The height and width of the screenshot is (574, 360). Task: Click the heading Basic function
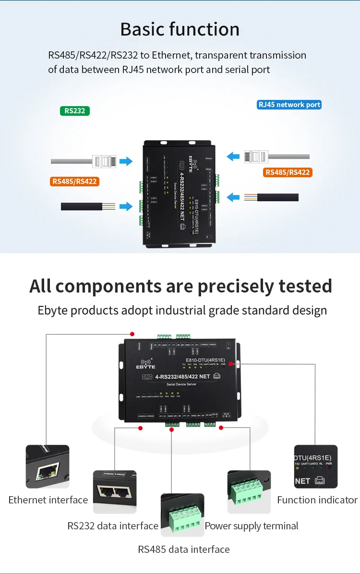[x=180, y=29]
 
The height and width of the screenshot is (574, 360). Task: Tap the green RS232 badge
[x=74, y=111]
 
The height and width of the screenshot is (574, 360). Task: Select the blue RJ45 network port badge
[x=289, y=104]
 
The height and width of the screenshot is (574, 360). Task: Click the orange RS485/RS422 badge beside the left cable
[x=74, y=181]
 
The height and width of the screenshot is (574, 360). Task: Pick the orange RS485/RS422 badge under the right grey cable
[x=288, y=172]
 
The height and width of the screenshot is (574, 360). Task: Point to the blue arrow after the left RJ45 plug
[x=126, y=161]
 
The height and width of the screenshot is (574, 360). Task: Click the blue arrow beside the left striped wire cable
[x=126, y=207]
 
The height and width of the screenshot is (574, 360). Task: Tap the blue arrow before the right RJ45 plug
[x=233, y=156]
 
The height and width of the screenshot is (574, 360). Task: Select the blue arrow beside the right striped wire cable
[x=233, y=197]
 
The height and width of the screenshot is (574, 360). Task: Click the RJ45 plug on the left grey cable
[x=105, y=161]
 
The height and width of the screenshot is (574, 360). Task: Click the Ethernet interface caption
[x=48, y=500]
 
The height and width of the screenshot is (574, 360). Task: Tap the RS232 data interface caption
[x=113, y=526]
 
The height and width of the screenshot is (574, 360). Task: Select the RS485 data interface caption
[x=184, y=549]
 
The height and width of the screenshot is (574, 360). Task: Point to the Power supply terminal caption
[x=252, y=526]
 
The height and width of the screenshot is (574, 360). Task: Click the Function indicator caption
[x=317, y=500]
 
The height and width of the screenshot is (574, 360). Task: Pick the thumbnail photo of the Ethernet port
[x=48, y=466]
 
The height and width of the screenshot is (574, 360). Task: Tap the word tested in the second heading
[x=299, y=286]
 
